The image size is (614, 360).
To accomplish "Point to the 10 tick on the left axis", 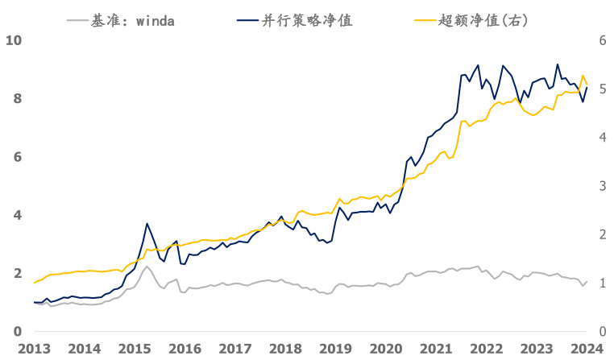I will pyautogui.click(x=13, y=40).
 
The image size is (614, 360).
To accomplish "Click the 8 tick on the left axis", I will pyautogui.click(x=17, y=99).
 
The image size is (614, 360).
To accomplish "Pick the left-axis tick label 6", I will pyautogui.click(x=17, y=157).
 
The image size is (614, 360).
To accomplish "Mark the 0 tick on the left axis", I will pyautogui.click(x=17, y=332).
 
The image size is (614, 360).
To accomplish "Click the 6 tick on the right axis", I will pyautogui.click(x=601, y=40).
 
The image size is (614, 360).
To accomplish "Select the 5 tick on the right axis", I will pyautogui.click(x=601, y=89).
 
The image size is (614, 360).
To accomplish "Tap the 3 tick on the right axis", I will pyautogui.click(x=601, y=186).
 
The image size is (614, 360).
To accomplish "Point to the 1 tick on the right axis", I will pyautogui.click(x=601, y=283).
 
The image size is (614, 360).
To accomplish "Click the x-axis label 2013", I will pyautogui.click(x=34, y=349).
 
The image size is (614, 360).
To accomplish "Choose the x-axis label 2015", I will pyautogui.click(x=135, y=349).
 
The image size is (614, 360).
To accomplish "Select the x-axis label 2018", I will pyautogui.click(x=285, y=349).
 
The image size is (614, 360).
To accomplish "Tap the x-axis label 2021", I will pyautogui.click(x=436, y=349).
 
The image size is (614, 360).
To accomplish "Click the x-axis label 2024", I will pyautogui.click(x=587, y=349).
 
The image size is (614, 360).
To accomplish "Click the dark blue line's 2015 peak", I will pyautogui.click(x=147, y=224).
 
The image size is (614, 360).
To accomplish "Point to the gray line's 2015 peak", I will pyautogui.click(x=147, y=267).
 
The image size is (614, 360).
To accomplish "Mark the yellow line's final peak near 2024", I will pyautogui.click(x=583, y=76).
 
